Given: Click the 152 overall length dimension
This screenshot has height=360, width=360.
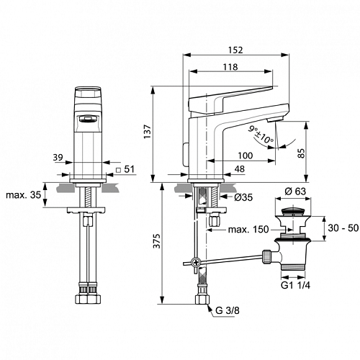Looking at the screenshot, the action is [235, 50].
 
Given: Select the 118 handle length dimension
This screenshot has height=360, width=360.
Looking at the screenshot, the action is [230, 67].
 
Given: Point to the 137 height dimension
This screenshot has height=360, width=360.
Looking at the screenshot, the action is [147, 131].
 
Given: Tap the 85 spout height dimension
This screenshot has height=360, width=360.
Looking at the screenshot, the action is [302, 153].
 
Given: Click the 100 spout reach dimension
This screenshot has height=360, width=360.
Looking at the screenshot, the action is [246, 156].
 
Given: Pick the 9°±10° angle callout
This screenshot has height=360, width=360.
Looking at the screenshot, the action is [261, 135].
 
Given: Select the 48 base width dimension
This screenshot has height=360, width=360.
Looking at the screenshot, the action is [240, 169].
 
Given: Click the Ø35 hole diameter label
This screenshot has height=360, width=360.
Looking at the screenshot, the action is [243, 197].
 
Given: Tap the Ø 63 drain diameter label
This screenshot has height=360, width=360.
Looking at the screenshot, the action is [295, 192].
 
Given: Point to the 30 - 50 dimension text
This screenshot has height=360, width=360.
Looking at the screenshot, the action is [343, 228].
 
